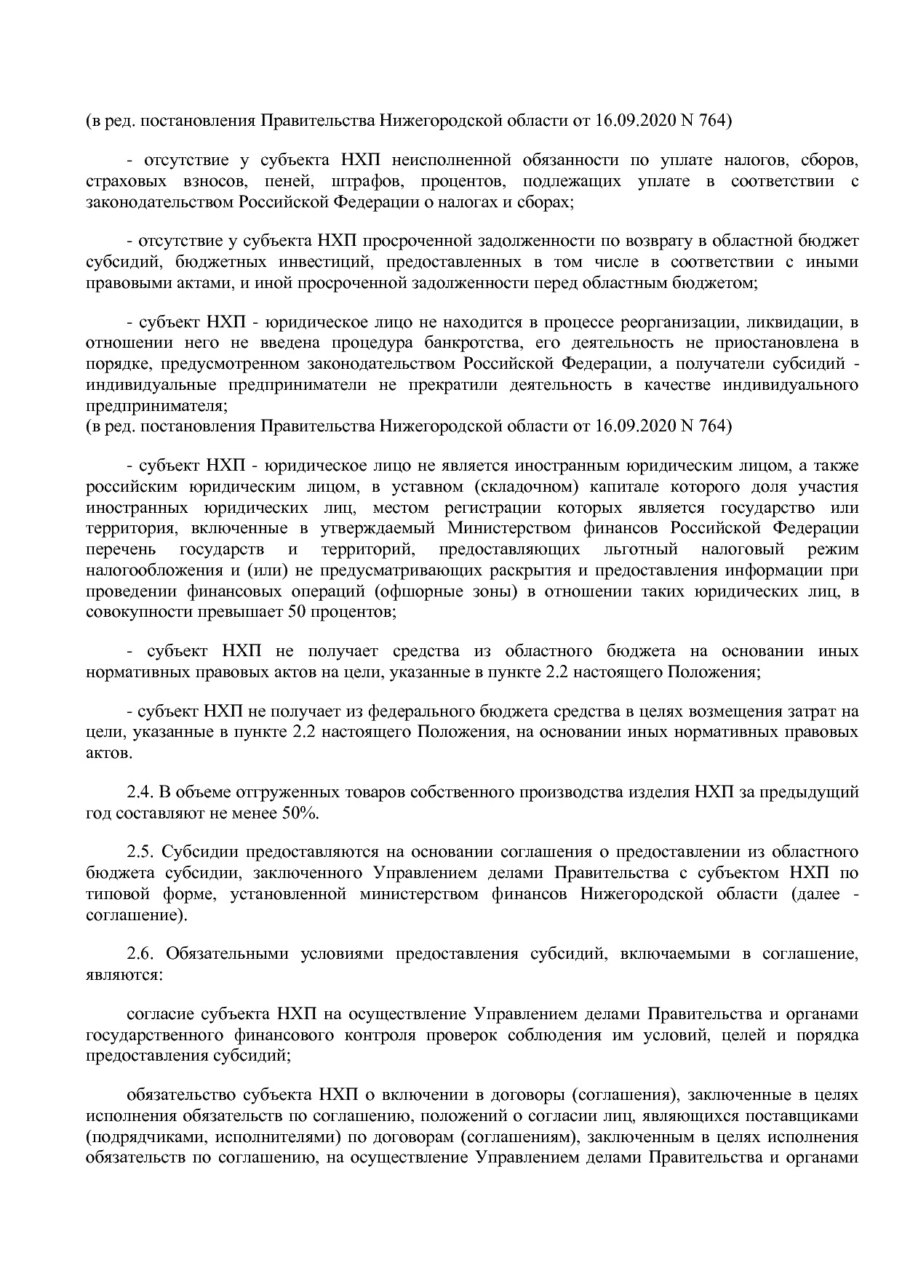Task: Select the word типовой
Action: [113, 894]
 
